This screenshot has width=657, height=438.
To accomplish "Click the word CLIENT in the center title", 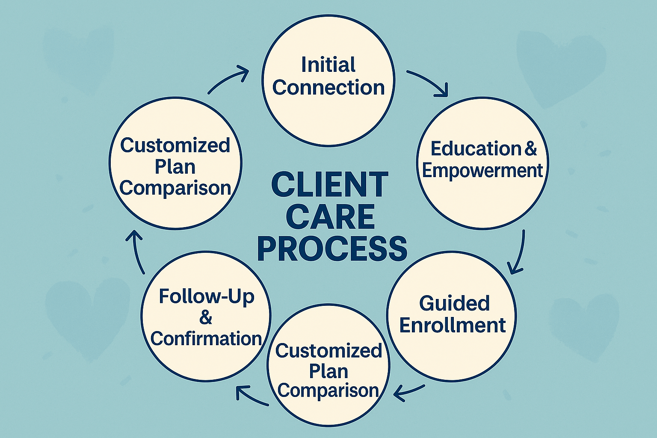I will pyautogui.click(x=329, y=184).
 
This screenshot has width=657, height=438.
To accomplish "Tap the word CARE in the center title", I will pyautogui.click(x=330, y=216).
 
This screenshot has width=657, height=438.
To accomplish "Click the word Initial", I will pyautogui.click(x=328, y=65).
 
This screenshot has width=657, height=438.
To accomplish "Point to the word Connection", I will pyautogui.click(x=328, y=88).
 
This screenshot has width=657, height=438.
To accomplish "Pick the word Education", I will pyautogui.click(x=475, y=148).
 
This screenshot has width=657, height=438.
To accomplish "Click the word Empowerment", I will pyautogui.click(x=482, y=170).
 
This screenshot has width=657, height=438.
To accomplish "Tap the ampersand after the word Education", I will pyautogui.click(x=530, y=148).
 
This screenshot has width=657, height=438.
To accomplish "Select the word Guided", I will pyautogui.click(x=454, y=303).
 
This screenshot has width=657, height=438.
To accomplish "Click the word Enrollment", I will pyautogui.click(x=453, y=326).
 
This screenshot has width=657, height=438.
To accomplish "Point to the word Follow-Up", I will pyautogui.click(x=206, y=296).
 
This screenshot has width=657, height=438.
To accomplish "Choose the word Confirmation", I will pyautogui.click(x=206, y=339).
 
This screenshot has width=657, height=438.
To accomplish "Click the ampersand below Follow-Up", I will pyautogui.click(x=206, y=317).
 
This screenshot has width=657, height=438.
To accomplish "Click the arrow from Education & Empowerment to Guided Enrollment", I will pyautogui.click(x=518, y=252).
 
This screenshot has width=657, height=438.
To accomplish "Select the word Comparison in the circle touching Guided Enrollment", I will pyautogui.click(x=328, y=391).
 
